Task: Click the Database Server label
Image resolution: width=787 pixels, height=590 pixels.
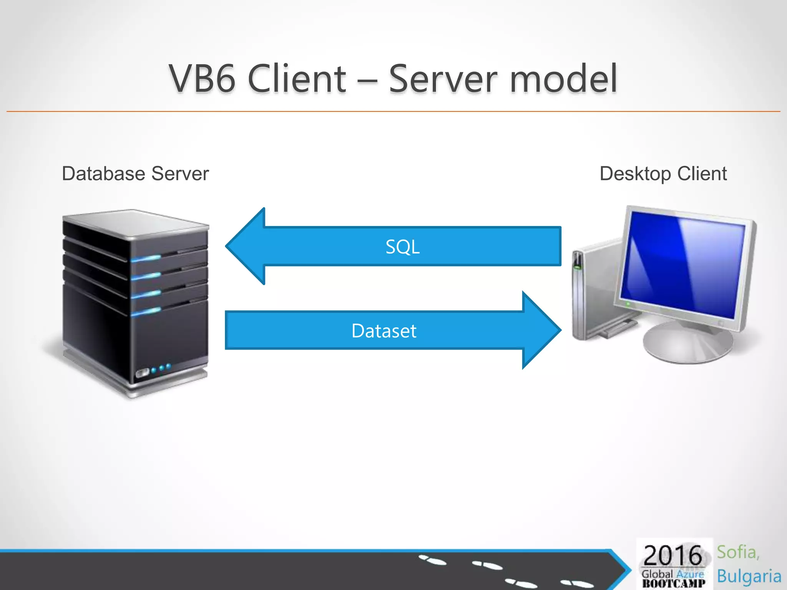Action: coord(135,174)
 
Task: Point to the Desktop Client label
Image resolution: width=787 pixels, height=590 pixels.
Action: coord(663,174)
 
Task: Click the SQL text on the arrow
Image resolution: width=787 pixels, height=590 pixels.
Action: coord(402,247)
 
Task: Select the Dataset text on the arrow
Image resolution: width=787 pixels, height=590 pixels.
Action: coord(384,331)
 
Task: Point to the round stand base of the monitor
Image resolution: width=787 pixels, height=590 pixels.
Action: coord(688,344)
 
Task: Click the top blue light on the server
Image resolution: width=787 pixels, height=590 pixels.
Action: coord(146,259)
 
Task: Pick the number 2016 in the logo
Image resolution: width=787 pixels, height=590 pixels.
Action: coord(672,555)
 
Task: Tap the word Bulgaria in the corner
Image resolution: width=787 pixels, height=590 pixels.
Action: coord(749,576)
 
